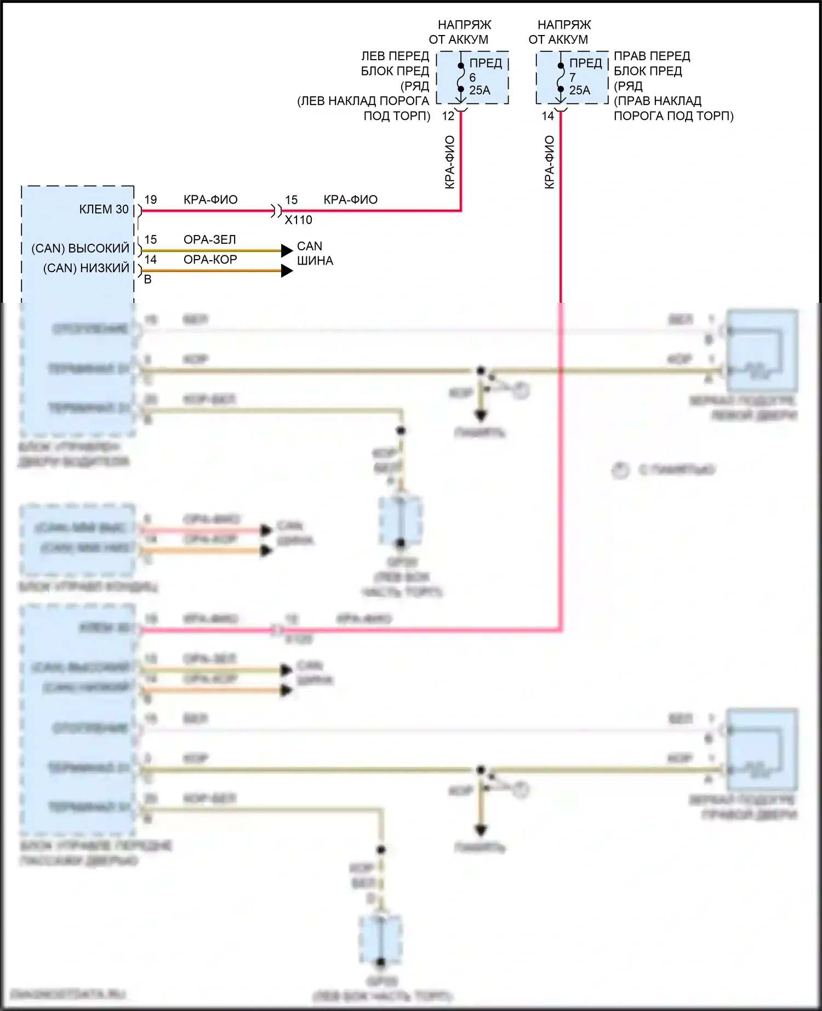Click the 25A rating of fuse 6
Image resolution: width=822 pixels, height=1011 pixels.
click(x=480, y=90)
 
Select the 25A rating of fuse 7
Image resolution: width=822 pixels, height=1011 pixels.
click(x=579, y=90)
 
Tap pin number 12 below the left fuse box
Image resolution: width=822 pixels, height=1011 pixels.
click(x=448, y=116)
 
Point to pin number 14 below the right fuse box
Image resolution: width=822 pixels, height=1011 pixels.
click(x=548, y=116)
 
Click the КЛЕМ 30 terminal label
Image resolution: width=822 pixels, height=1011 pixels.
click(x=104, y=209)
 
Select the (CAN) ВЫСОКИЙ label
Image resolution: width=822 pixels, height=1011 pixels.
click(x=81, y=248)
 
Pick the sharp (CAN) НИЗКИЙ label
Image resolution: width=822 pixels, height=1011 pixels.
click(x=86, y=268)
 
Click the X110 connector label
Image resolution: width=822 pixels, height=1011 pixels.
click(x=299, y=220)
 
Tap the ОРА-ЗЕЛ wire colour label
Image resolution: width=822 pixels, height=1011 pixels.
click(x=210, y=239)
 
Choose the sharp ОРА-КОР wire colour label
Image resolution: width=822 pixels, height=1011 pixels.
click(x=210, y=259)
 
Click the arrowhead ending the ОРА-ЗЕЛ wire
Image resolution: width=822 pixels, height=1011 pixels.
click(x=287, y=250)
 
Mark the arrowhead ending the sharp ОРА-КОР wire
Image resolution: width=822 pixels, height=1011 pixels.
click(x=287, y=271)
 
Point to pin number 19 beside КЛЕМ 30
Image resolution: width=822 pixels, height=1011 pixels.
click(x=151, y=200)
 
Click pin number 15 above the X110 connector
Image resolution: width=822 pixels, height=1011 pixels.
click(x=292, y=200)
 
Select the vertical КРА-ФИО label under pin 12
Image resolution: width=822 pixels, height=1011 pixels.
click(x=450, y=162)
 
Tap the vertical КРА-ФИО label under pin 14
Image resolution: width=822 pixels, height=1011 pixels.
click(x=550, y=162)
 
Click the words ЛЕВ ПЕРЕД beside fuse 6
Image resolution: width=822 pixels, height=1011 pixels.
click(x=395, y=56)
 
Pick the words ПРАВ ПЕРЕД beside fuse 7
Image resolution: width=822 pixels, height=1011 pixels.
click(x=652, y=56)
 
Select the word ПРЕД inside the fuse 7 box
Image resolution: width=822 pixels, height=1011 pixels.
click(x=586, y=63)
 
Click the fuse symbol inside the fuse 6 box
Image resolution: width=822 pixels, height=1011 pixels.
click(x=461, y=77)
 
